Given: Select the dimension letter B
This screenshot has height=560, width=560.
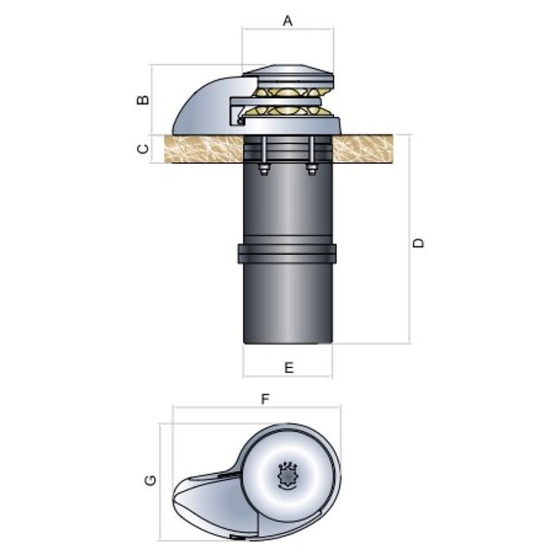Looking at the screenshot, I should pyautogui.click(x=144, y=98).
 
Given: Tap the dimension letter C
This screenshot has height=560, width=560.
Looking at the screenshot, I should pyautogui.click(x=144, y=148).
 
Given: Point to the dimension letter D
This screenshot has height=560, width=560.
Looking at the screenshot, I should pyautogui.click(x=419, y=243).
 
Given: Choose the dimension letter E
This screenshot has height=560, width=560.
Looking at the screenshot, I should pyautogui.click(x=289, y=367).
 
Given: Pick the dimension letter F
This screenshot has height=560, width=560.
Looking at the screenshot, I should pyautogui.click(x=266, y=399).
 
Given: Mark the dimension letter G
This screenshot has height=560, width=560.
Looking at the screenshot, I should pyautogui.click(x=150, y=478).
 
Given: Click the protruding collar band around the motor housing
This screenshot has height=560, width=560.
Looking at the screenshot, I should pyautogui.click(x=287, y=254).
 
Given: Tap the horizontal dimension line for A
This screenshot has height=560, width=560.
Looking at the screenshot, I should pyautogui.click(x=288, y=30).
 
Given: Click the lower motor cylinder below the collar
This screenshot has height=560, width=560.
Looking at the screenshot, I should pyautogui.click(x=287, y=306).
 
